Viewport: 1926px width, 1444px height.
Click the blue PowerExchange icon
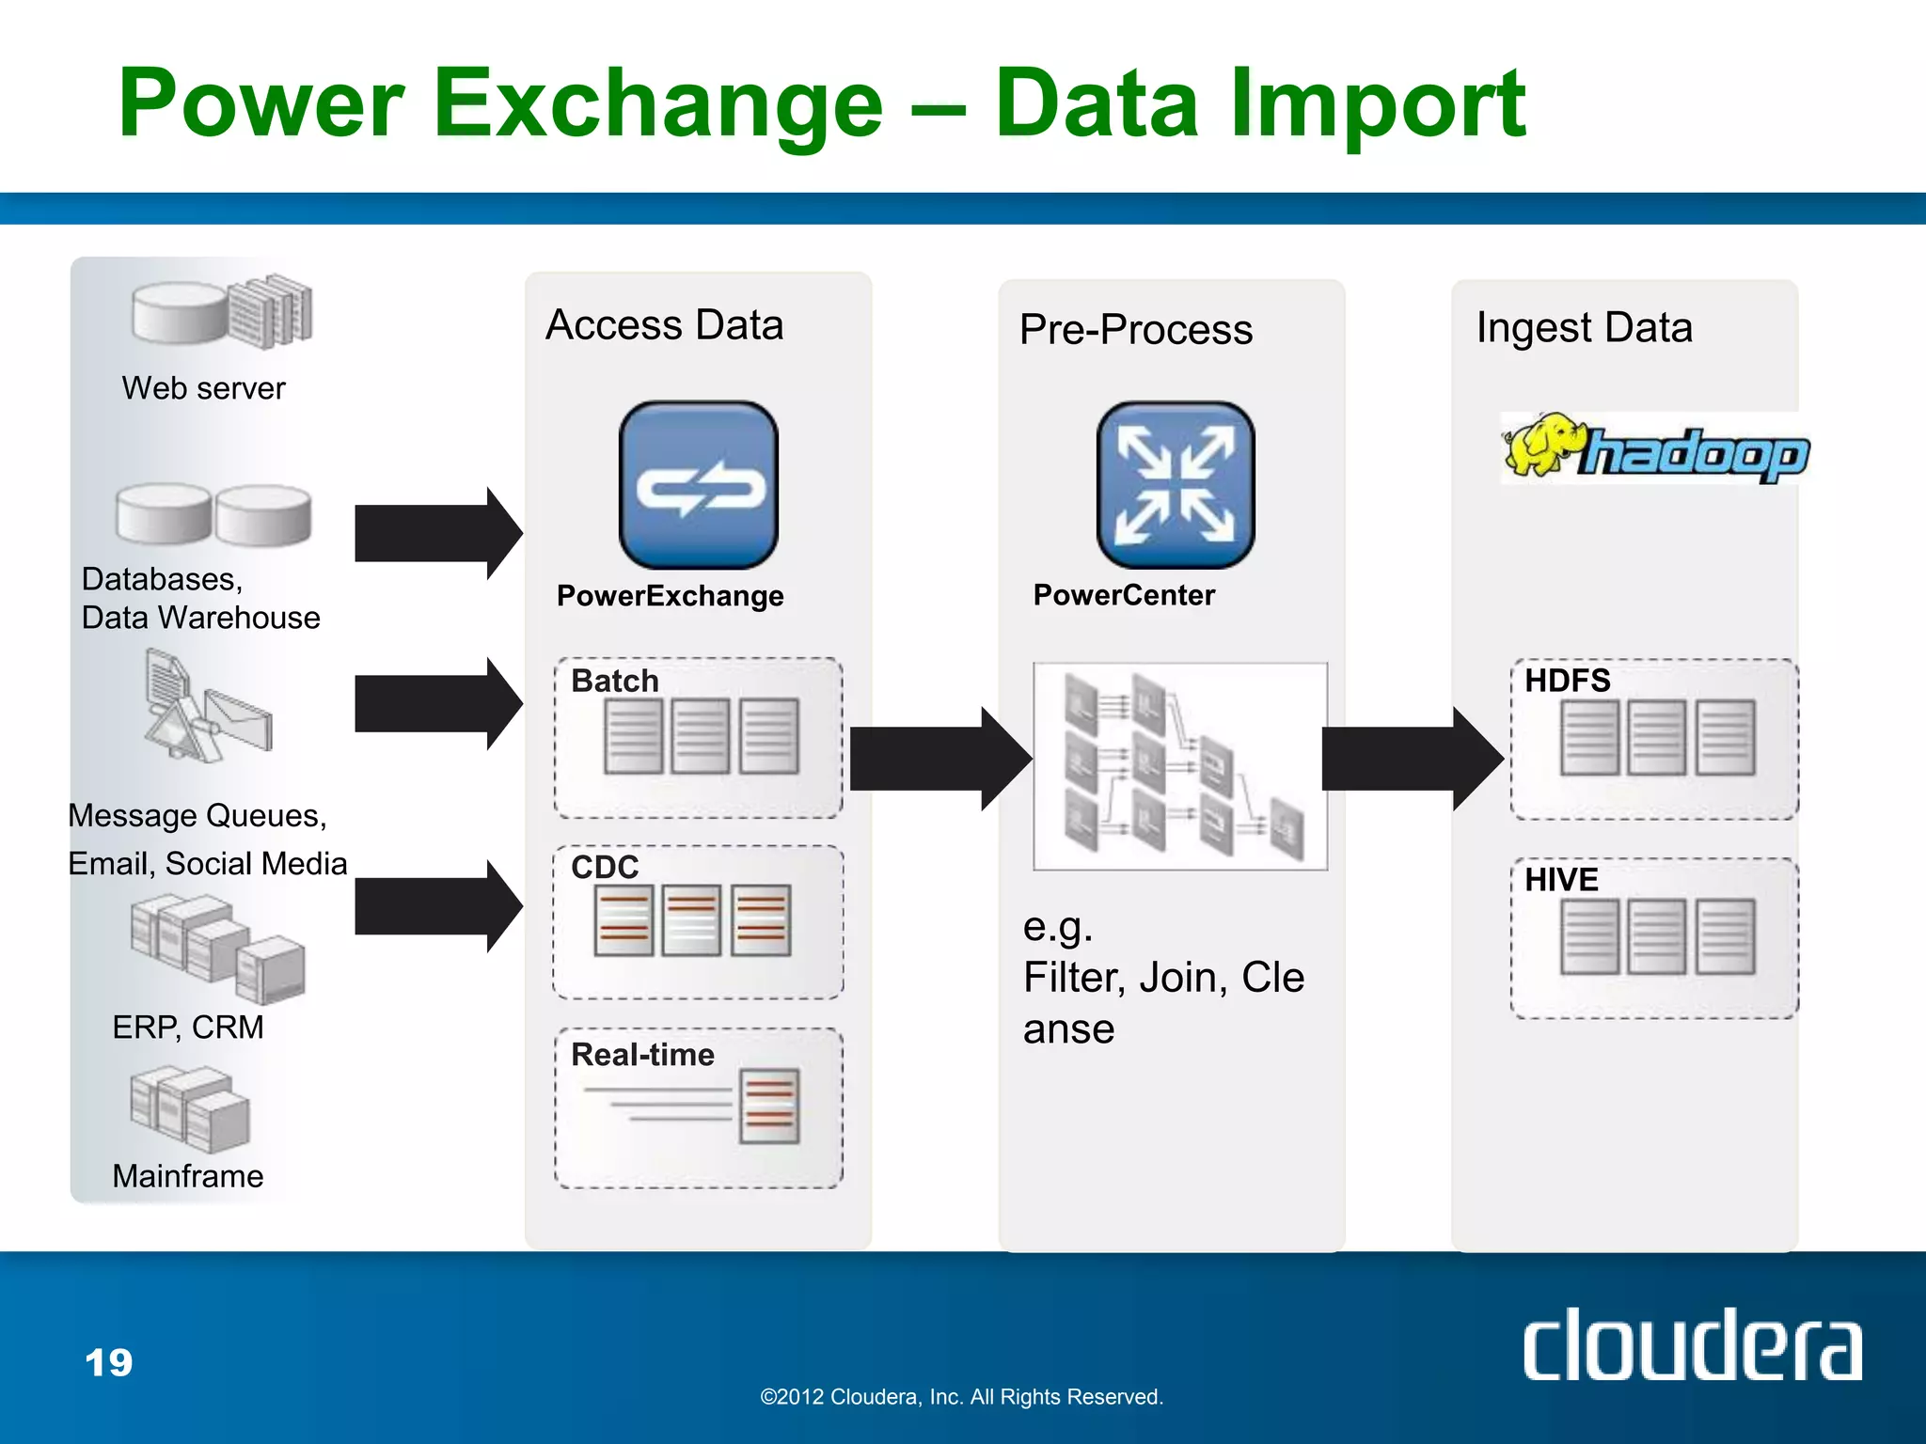pyautogui.click(x=698, y=485)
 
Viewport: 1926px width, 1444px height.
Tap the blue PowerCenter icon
pyautogui.click(x=1176, y=485)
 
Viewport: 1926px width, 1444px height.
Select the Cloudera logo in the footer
pyautogui.click(x=1691, y=1346)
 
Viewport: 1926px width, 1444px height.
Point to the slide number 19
pyautogui.click(x=109, y=1362)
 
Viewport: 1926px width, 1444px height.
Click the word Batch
pyautogui.click(x=615, y=681)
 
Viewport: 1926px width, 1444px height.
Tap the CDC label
pyautogui.click(x=605, y=867)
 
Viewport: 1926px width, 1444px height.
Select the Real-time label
pyautogui.click(x=642, y=1055)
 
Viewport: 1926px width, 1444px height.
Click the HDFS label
pyautogui.click(x=1567, y=681)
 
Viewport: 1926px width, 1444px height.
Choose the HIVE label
pyautogui.click(x=1561, y=880)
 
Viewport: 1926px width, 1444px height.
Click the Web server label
pyautogui.click(x=203, y=388)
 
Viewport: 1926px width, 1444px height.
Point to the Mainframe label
pyautogui.click(x=188, y=1176)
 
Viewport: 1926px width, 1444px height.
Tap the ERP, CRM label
pyautogui.click(x=188, y=1028)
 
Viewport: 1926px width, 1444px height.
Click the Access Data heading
pyautogui.click(x=664, y=325)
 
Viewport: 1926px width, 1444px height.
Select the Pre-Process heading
pyautogui.click(x=1136, y=329)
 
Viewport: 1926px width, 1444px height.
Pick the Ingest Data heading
pyautogui.click(x=1584, y=327)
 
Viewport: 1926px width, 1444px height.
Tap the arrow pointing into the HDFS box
pyautogui.click(x=1411, y=759)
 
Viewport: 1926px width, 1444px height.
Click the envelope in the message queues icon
pyautogui.click(x=239, y=718)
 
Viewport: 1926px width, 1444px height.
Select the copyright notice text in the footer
pyautogui.click(x=961, y=1397)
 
